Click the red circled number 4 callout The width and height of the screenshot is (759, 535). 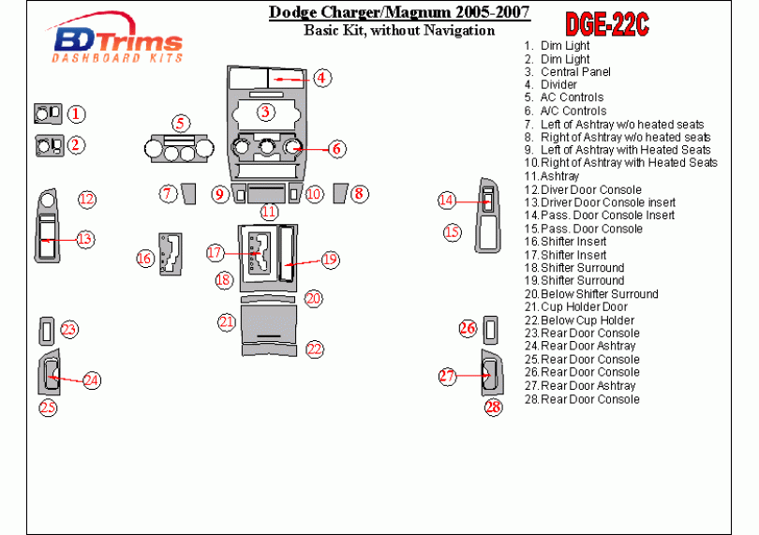[321, 78]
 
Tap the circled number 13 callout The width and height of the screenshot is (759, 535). [85, 239]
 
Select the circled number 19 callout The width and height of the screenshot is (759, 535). [329, 260]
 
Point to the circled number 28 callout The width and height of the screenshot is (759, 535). [493, 406]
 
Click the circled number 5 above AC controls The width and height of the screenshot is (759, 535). [181, 123]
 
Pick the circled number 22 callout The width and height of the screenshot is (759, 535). [315, 349]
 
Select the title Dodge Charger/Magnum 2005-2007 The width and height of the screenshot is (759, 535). [399, 12]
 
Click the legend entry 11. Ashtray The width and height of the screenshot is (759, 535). [552, 176]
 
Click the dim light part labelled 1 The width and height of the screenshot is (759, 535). [47, 114]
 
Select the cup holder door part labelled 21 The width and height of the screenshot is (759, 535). [268, 323]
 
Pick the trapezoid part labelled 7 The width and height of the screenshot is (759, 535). [187, 194]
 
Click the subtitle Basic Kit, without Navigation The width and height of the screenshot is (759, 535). [399, 30]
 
